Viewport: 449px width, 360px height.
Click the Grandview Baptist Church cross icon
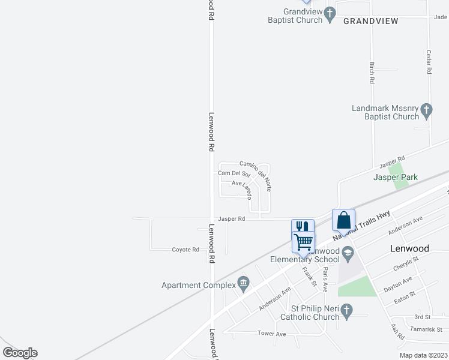[330, 13]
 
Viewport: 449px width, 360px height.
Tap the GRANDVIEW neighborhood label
[371, 20]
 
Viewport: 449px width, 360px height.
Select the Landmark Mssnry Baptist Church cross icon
[426, 110]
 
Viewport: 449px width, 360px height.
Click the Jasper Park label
[395, 178]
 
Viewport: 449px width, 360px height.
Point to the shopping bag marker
[343, 220]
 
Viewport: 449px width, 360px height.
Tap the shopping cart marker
[303, 242]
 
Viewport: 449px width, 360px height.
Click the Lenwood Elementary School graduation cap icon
[347, 254]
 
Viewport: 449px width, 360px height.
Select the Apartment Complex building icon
[243, 282]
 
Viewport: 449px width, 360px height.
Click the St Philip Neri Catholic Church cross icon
[346, 310]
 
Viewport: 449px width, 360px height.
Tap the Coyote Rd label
[185, 250]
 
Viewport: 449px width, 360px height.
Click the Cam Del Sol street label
[234, 173]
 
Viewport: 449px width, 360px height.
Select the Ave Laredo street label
[243, 187]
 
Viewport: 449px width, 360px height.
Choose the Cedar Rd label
[429, 62]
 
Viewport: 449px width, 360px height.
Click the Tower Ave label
[271, 333]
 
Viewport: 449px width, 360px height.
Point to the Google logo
[20, 353]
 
